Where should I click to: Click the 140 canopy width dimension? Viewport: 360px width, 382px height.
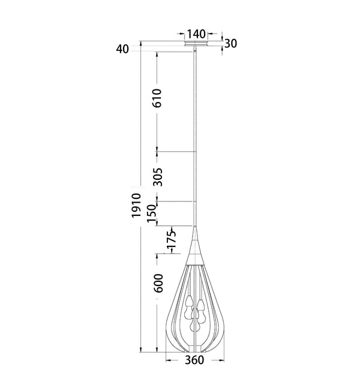196,34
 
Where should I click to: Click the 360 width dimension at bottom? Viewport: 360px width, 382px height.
195,360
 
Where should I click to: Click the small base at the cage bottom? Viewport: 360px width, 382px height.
196,349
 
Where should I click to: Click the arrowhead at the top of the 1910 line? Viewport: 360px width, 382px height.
140,43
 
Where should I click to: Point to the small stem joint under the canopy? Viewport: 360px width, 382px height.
196,53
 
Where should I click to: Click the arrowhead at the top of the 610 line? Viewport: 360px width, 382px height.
157,53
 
